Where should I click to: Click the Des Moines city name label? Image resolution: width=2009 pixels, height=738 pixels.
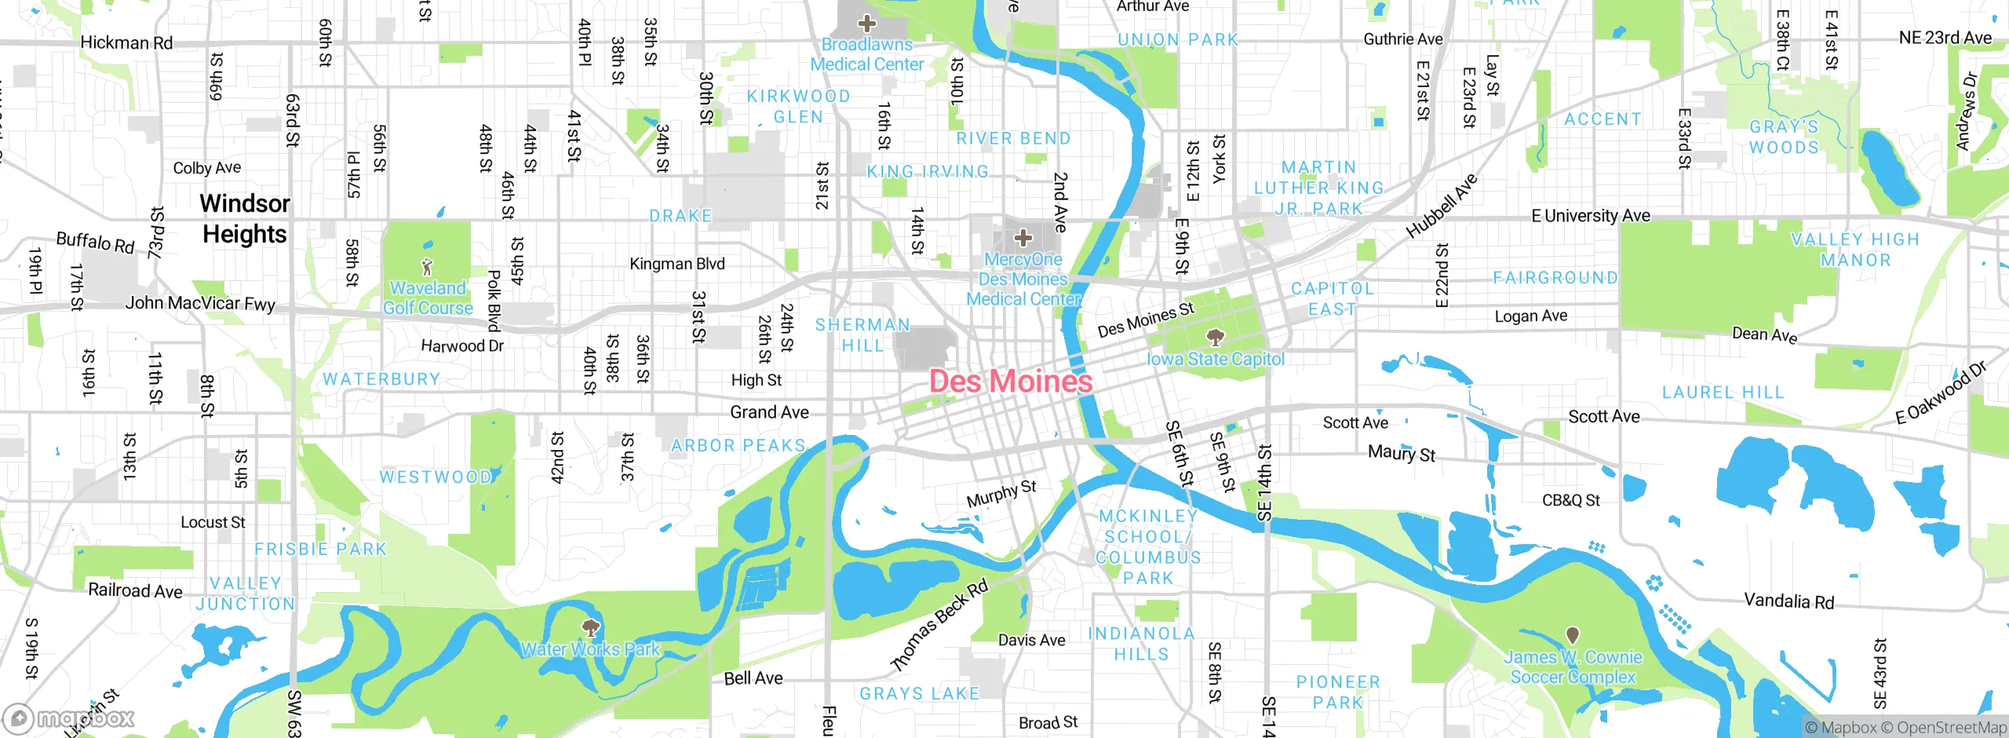(x=1011, y=382)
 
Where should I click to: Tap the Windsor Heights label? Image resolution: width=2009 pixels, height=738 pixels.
(x=245, y=219)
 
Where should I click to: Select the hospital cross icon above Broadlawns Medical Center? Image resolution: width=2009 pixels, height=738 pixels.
(x=866, y=24)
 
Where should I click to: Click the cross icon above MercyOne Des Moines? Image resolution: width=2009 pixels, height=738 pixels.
(x=1023, y=237)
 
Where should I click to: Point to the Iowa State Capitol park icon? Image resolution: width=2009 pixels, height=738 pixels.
(x=1216, y=338)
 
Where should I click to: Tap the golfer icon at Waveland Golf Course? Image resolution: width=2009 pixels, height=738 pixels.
(x=427, y=267)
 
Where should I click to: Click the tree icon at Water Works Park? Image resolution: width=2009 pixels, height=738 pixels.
(x=590, y=627)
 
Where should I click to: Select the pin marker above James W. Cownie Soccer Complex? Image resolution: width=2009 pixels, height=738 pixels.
(x=1572, y=635)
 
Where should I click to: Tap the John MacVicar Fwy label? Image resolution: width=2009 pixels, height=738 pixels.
(x=200, y=303)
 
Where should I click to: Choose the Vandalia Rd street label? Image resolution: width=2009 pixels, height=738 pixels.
(x=1788, y=601)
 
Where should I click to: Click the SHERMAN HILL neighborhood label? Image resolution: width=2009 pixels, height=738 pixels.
(x=862, y=335)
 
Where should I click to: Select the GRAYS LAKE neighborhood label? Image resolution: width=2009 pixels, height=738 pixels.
(x=919, y=694)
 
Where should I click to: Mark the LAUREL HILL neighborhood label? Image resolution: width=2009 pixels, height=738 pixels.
(x=1723, y=393)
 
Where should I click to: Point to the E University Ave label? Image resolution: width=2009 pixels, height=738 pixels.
(x=1590, y=216)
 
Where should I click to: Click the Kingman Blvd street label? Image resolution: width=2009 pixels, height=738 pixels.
(x=676, y=264)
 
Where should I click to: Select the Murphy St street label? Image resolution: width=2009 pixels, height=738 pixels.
(x=1001, y=494)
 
